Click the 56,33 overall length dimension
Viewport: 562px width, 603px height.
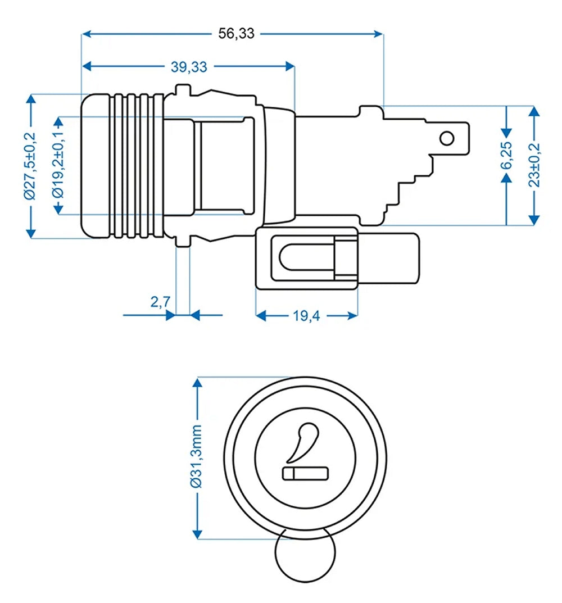click(236, 34)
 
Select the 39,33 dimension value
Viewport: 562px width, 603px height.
click(189, 67)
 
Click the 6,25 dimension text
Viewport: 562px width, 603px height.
click(507, 156)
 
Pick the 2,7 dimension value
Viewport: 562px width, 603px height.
click(161, 302)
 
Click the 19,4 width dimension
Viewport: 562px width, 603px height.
click(306, 316)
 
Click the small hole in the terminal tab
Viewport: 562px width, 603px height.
click(447, 138)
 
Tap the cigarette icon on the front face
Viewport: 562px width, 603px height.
click(306, 473)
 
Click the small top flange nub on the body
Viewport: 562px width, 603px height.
click(182, 90)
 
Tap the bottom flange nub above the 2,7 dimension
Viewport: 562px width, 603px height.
click(183, 242)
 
